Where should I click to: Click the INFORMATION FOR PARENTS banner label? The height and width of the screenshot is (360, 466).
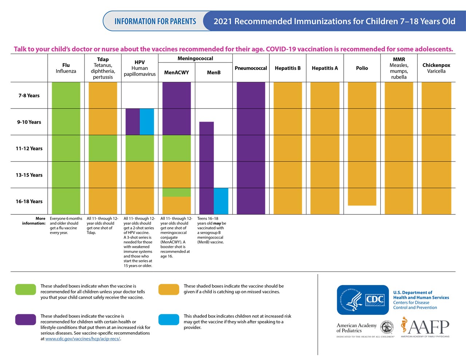coord(155,21)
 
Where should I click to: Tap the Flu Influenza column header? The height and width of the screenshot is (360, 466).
coord(66,68)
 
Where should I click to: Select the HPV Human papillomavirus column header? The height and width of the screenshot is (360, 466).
coord(139,68)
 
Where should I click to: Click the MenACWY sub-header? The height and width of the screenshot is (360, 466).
coord(177,72)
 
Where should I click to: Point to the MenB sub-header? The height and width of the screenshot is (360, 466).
coord(214,72)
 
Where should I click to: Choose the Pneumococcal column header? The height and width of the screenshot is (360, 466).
coord(251,68)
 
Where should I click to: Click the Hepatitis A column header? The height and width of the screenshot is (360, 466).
coord(325,68)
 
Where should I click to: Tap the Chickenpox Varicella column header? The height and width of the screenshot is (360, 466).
coord(436,68)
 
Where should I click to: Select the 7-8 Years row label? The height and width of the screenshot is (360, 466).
coord(29,95)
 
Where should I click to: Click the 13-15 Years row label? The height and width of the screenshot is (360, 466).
coord(29,175)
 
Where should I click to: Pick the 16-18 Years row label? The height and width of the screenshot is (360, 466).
coord(29,201)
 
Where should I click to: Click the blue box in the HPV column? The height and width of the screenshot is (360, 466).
coord(147,122)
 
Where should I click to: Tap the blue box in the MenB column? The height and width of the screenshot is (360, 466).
coord(221,201)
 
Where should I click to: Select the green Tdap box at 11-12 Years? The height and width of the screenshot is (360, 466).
coord(103,148)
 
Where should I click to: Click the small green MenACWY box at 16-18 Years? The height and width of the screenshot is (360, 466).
coord(177,192)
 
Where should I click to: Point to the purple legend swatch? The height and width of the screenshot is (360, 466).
coord(25,319)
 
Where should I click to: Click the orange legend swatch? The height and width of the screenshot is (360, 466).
coord(169,289)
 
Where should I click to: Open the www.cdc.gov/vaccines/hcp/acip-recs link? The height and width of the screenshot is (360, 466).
coord(83,339)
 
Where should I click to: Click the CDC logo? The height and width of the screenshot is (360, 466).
coord(363,300)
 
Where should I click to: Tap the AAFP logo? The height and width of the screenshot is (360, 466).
coord(425,327)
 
